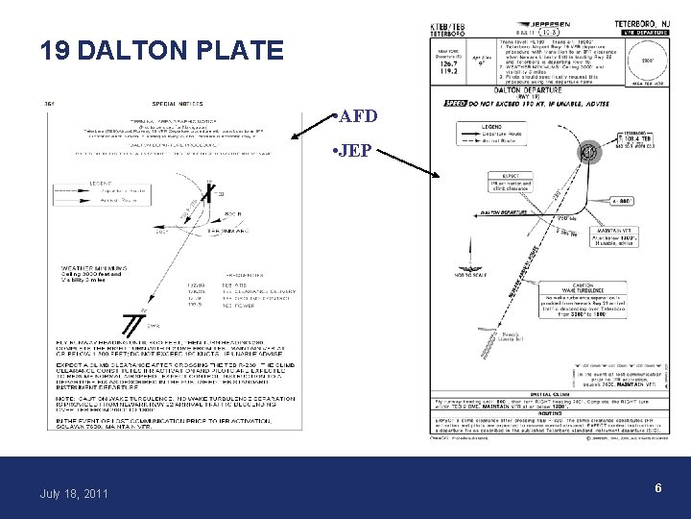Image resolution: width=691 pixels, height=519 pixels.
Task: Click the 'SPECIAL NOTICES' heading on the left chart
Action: coord(183,105)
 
